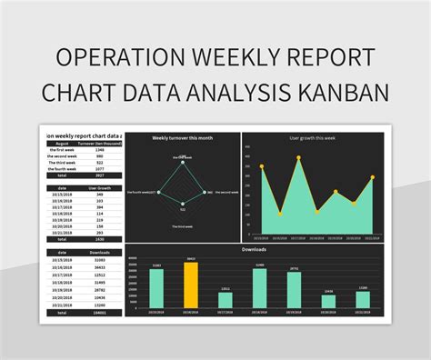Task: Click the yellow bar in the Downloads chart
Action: (x=190, y=285)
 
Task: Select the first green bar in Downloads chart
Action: (x=156, y=288)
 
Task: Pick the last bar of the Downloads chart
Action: (x=363, y=300)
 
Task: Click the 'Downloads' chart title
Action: (x=254, y=248)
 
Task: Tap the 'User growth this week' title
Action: (x=312, y=138)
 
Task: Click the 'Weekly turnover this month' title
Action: (x=182, y=138)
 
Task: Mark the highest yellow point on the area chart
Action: (x=298, y=157)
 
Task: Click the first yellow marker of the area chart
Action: (x=261, y=167)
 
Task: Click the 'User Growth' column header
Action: (x=99, y=188)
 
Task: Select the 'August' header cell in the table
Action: (x=63, y=143)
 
